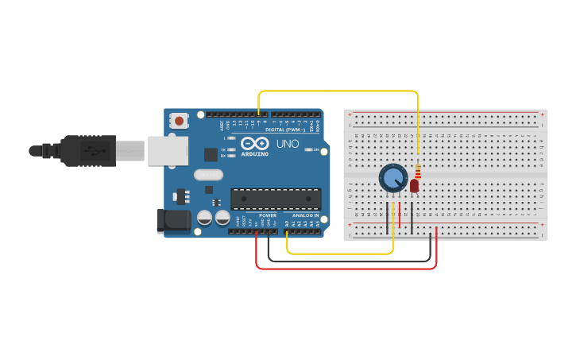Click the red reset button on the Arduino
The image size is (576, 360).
point(180,122)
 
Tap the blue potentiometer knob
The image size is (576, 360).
point(392,177)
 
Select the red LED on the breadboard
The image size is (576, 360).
point(415,185)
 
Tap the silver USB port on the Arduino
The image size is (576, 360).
point(168,150)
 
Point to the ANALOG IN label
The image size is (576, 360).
point(306,215)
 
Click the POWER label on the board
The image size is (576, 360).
point(268,215)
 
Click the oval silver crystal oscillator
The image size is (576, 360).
point(207,174)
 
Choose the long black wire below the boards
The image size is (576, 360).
point(350,261)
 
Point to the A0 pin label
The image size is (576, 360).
point(287,224)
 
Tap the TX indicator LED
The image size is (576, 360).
point(231,149)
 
